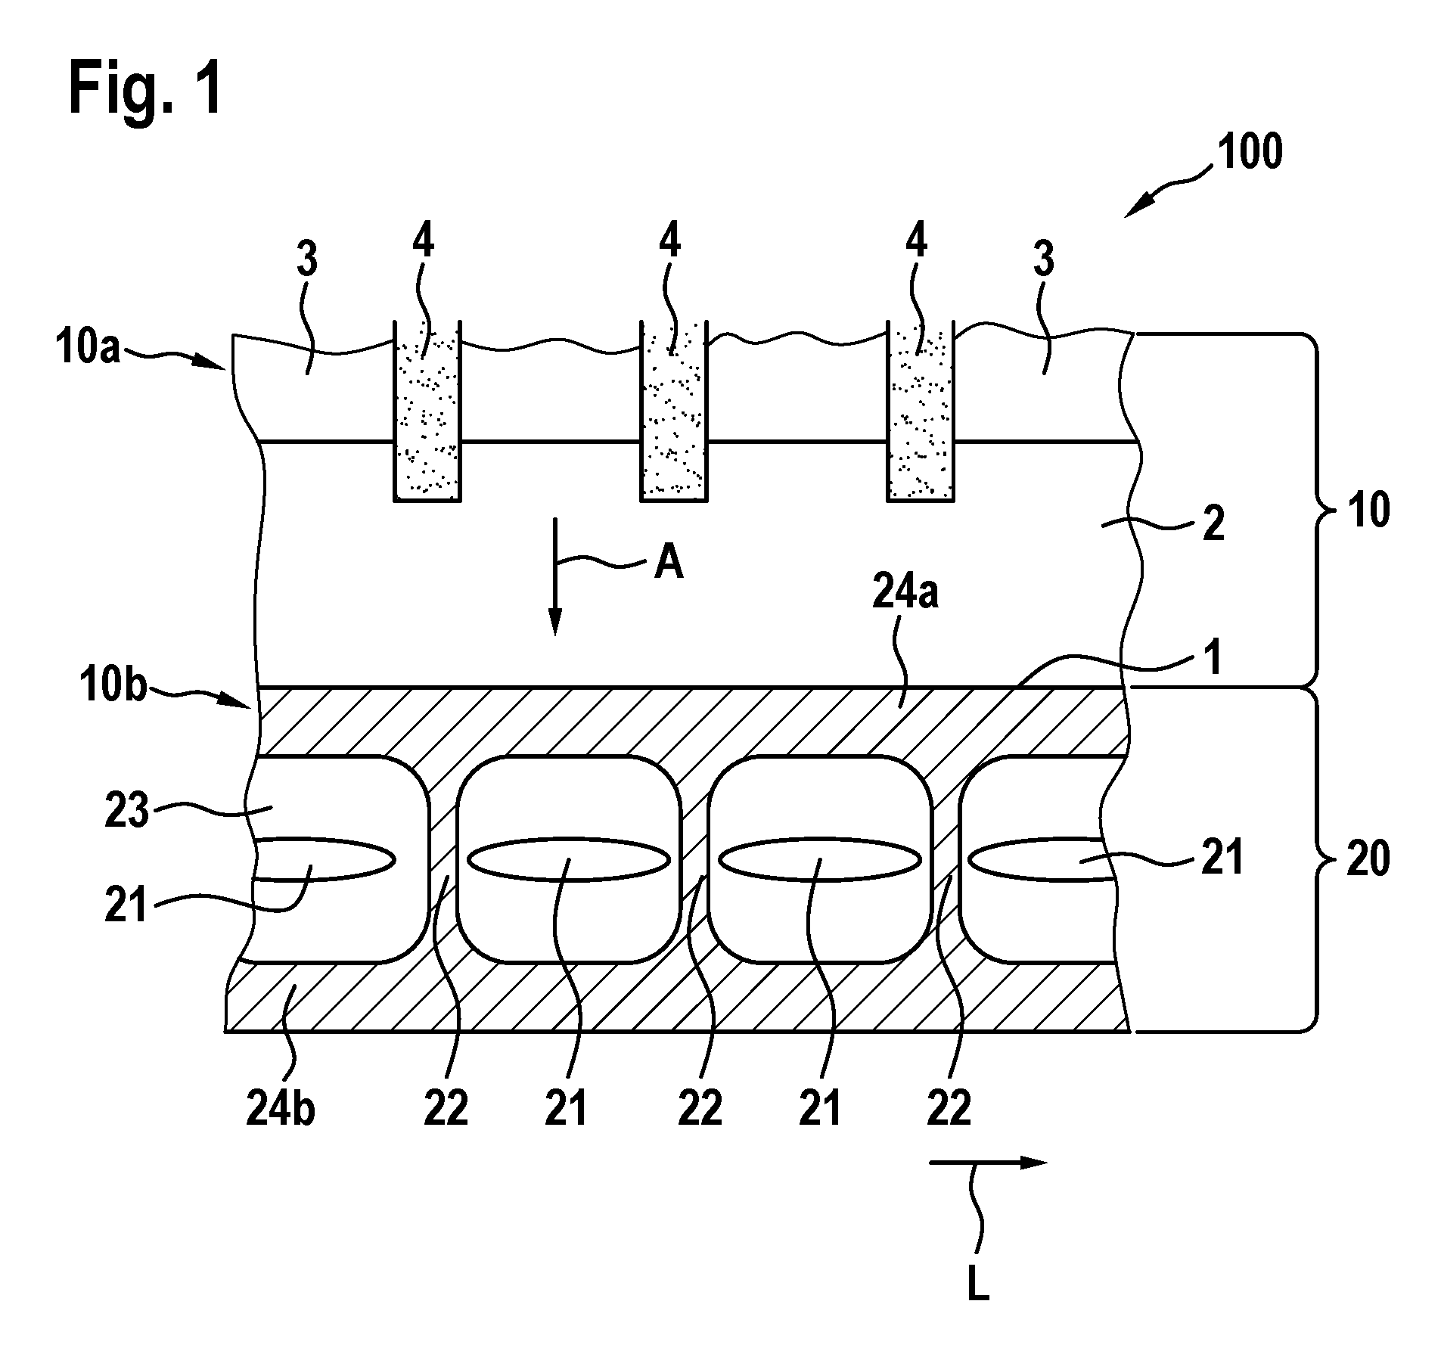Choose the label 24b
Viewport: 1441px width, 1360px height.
(281, 1110)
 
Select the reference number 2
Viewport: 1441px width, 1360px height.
(1213, 524)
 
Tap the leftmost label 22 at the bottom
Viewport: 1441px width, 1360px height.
(446, 1110)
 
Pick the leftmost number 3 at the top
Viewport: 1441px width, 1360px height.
(306, 259)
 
